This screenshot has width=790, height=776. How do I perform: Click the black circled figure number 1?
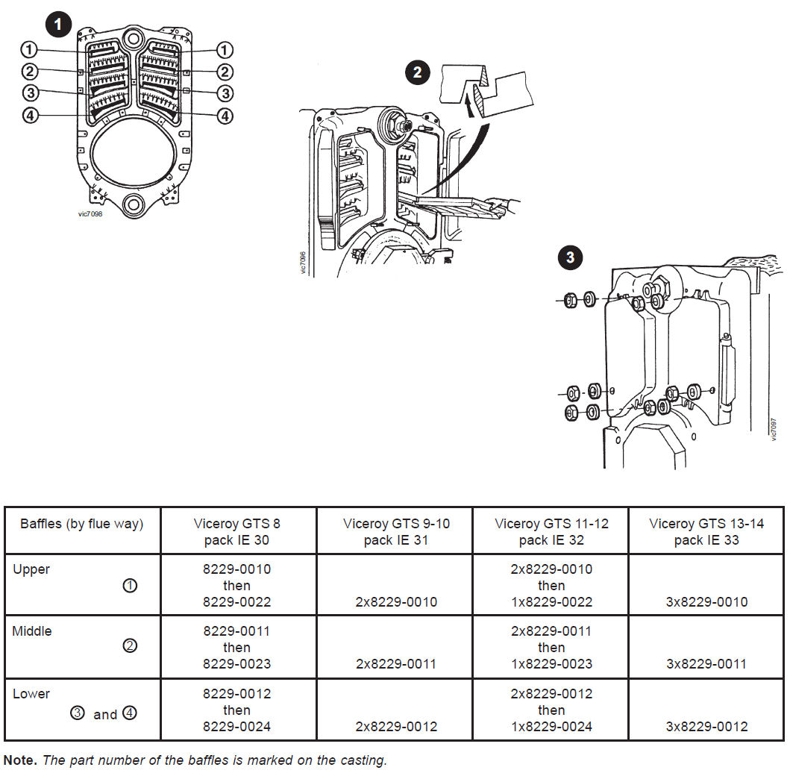click(58, 25)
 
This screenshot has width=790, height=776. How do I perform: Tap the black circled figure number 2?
click(418, 72)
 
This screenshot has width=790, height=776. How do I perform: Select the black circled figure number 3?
click(570, 258)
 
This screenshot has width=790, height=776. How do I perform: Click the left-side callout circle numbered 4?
click(29, 116)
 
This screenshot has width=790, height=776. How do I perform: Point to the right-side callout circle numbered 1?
click(224, 50)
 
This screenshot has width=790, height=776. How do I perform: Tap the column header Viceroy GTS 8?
click(237, 524)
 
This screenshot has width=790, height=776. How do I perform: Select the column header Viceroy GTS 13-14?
click(706, 524)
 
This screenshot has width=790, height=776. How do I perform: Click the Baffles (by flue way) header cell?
click(82, 524)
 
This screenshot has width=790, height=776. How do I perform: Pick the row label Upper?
click(31, 569)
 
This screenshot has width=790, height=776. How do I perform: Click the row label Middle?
click(32, 631)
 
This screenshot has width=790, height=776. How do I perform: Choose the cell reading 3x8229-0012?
click(706, 726)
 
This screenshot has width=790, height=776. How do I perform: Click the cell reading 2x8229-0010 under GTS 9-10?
click(396, 601)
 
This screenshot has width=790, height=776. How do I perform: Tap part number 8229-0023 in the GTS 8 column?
click(237, 663)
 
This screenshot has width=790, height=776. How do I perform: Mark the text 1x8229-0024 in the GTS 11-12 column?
click(551, 726)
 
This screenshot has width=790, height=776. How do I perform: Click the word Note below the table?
click(19, 760)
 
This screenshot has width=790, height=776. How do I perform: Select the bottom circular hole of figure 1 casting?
click(134, 202)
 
